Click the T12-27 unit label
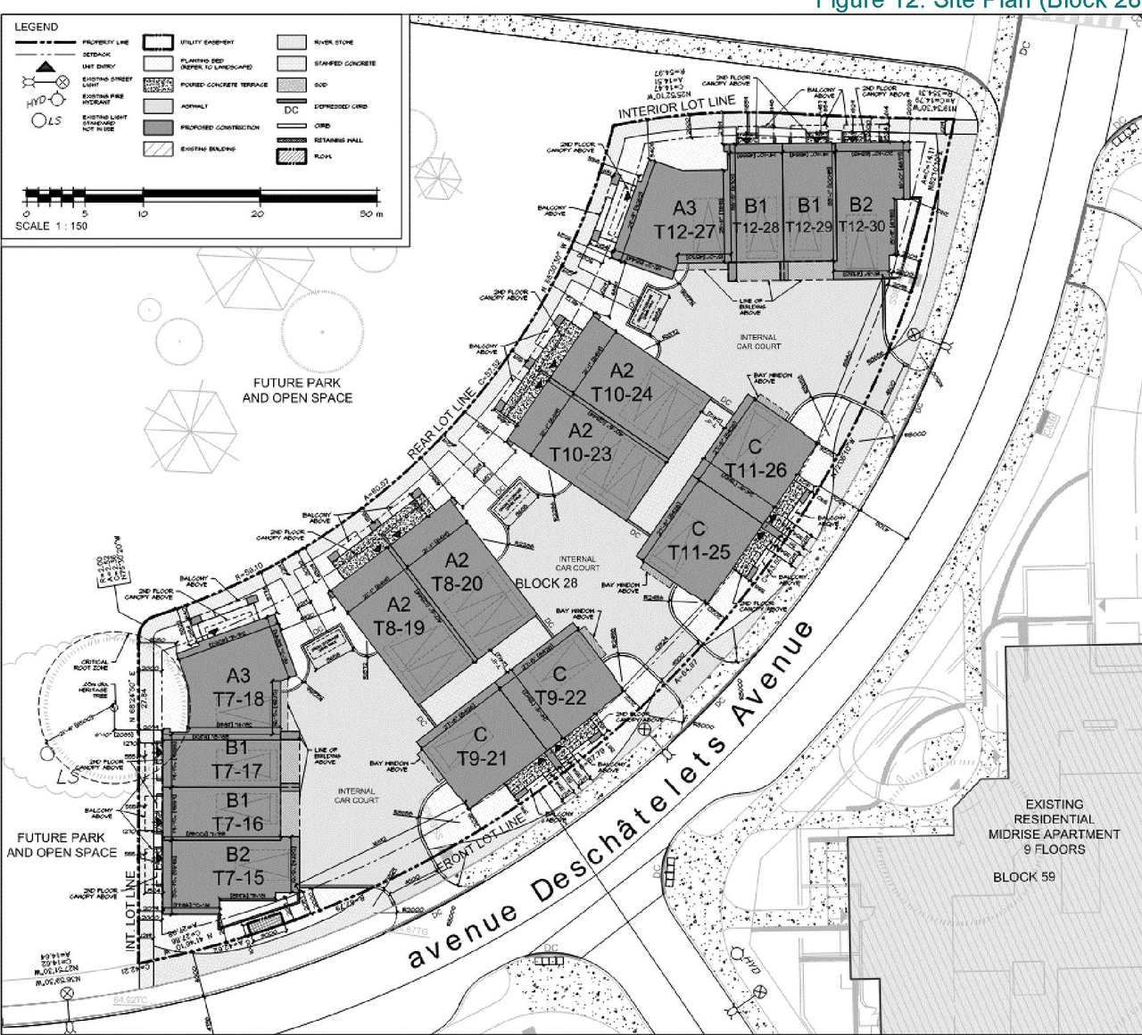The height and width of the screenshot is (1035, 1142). [684, 231]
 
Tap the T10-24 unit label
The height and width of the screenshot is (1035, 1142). [622, 393]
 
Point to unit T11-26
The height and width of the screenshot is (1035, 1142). [756, 469]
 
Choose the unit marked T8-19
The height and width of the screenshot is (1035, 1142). [399, 627]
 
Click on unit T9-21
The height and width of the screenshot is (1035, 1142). [482, 758]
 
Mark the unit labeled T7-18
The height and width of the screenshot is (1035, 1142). [238, 699]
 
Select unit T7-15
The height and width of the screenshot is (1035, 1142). [238, 878]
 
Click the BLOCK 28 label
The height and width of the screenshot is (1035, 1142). [546, 584]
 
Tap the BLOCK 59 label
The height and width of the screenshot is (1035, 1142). [1023, 876]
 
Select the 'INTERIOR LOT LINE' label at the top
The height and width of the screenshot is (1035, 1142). [677, 108]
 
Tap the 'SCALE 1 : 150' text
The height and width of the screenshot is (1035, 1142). [52, 226]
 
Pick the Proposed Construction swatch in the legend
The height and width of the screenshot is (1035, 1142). [157, 128]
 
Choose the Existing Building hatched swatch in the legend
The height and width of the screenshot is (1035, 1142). [157, 149]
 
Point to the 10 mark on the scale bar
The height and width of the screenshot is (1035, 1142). [143, 214]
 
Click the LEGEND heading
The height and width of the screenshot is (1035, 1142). [36, 27]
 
